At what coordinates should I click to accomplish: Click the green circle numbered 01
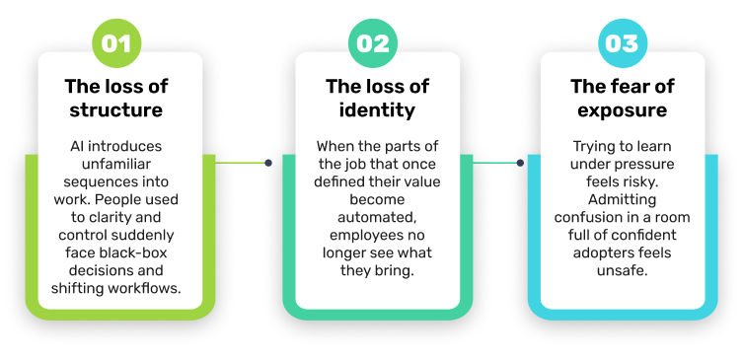116,43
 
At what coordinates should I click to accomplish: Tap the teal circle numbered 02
373,43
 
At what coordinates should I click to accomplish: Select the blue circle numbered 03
623,43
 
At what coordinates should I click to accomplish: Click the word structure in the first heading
116,109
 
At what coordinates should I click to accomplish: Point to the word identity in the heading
377,109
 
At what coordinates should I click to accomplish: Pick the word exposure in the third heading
623,110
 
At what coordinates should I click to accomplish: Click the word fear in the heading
629,87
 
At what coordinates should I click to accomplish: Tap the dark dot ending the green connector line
268,163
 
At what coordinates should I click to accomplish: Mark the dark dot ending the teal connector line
520,163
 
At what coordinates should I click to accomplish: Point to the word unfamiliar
116,164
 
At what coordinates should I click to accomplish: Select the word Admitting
622,199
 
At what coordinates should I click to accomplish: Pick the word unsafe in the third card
623,270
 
